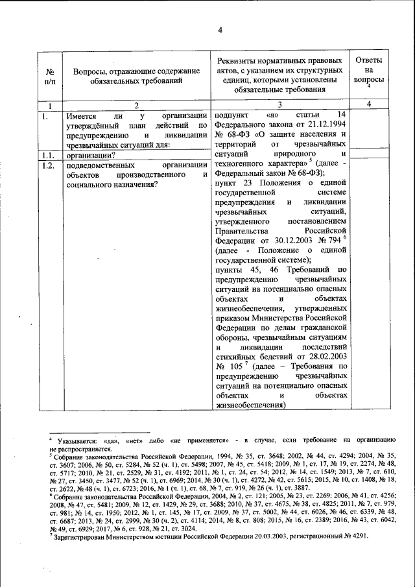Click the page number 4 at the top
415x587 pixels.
(x=220, y=30)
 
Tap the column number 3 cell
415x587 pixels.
(x=281, y=105)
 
